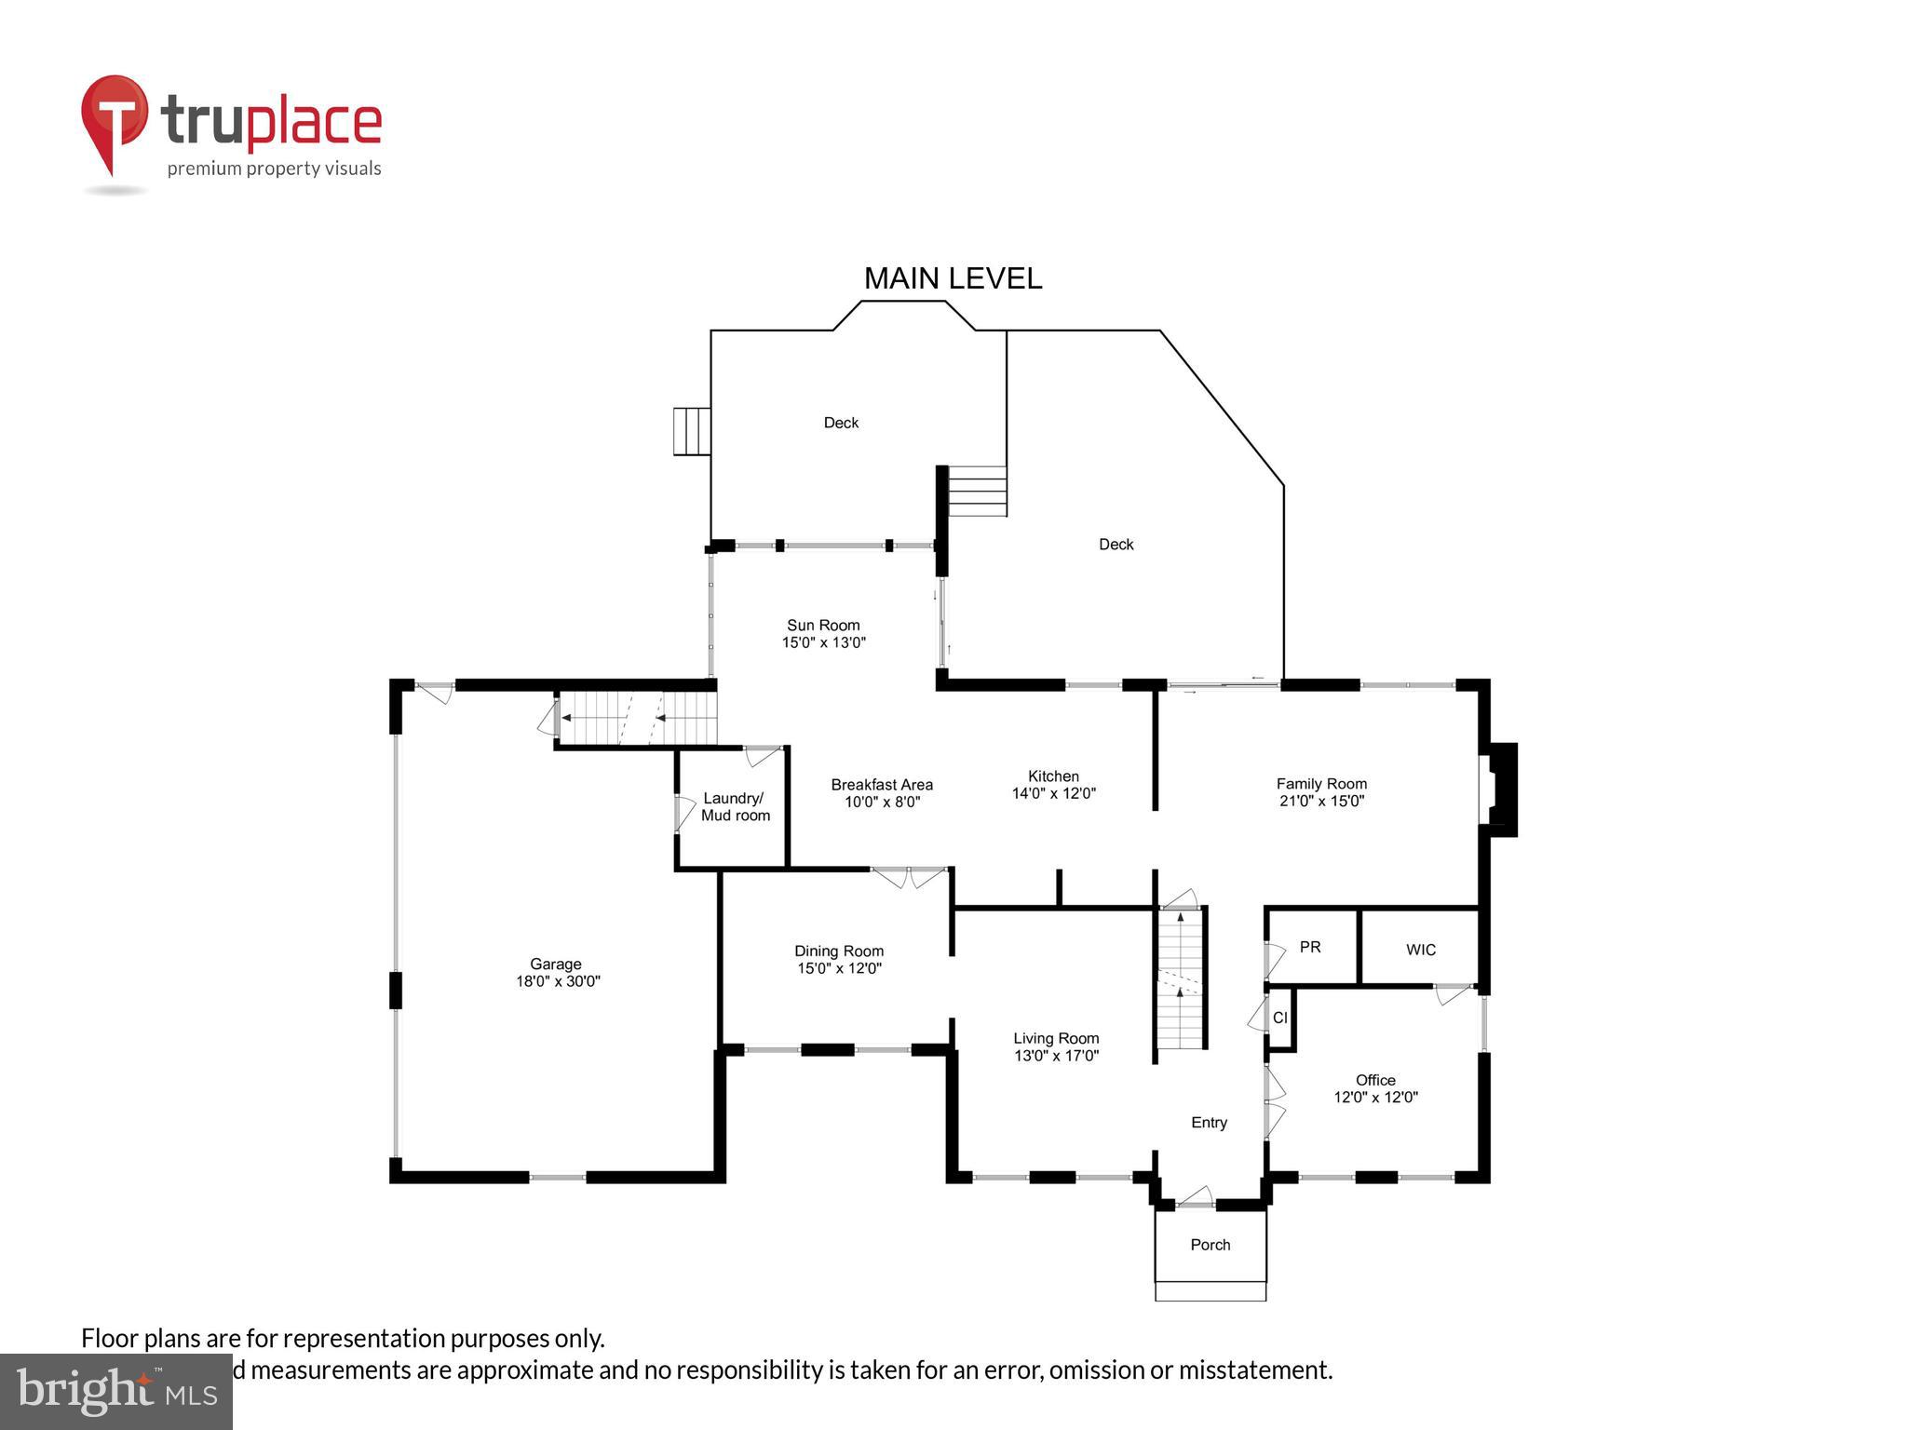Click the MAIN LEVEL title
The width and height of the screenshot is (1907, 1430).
coord(953,278)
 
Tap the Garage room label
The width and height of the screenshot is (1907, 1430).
coord(556,965)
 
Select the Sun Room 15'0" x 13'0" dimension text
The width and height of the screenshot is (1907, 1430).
coord(823,642)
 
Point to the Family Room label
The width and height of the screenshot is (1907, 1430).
coord(1321,784)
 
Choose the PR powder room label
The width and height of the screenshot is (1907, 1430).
coord(1310,947)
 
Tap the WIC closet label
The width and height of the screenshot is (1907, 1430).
coord(1420,950)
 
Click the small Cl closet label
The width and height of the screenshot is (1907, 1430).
coord(1279,1019)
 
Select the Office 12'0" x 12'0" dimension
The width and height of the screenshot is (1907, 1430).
coord(1375,1098)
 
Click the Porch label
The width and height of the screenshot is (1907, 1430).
coord(1210,1245)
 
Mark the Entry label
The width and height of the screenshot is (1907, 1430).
coord(1209,1123)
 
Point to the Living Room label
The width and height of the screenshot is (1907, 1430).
coord(1056,1038)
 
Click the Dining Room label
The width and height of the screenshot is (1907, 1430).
coord(838,951)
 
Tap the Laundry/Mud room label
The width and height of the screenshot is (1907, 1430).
coord(735,807)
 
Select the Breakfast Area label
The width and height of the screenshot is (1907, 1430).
coord(882,785)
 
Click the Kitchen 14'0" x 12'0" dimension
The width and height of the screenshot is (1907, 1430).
coord(1053,794)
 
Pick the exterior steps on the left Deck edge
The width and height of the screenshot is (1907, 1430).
coord(692,431)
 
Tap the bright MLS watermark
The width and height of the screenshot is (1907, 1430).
coord(116,1391)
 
